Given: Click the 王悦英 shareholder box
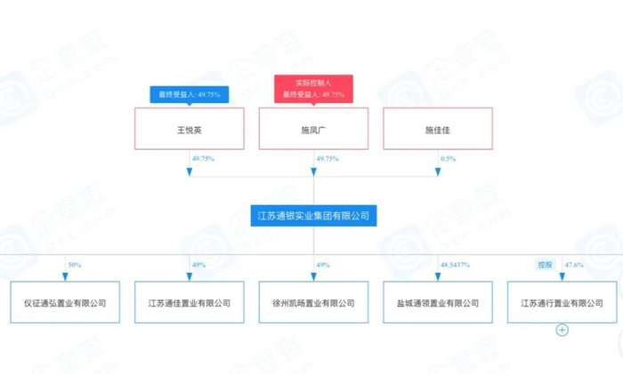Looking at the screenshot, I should click(x=189, y=130).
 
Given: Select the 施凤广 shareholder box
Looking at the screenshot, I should click(x=313, y=130).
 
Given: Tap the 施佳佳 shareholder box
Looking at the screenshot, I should click(x=437, y=130).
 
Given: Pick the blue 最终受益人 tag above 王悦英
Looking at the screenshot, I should click(x=189, y=93).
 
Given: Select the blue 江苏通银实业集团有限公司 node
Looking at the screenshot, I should click(x=313, y=215).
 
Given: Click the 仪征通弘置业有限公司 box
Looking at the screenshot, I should click(x=65, y=303).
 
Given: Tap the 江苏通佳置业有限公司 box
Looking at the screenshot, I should click(x=189, y=303).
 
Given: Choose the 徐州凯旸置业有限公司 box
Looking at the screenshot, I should click(x=313, y=303).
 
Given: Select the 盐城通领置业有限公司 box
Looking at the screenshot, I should click(x=437, y=303).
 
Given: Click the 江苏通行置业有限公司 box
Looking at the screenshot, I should click(x=562, y=303).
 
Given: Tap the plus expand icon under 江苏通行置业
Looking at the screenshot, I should click(x=562, y=330).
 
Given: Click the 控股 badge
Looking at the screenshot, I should click(x=545, y=265).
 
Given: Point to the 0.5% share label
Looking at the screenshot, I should click(x=448, y=159).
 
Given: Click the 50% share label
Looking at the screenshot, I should click(x=75, y=265).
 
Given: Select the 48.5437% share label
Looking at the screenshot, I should click(x=455, y=265).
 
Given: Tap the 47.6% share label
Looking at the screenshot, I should click(x=574, y=265).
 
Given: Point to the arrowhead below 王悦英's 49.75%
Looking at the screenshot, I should click(x=189, y=171).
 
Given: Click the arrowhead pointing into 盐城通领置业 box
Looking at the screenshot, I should click(x=437, y=275).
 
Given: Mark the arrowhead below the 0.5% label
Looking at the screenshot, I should click(x=437, y=171).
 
